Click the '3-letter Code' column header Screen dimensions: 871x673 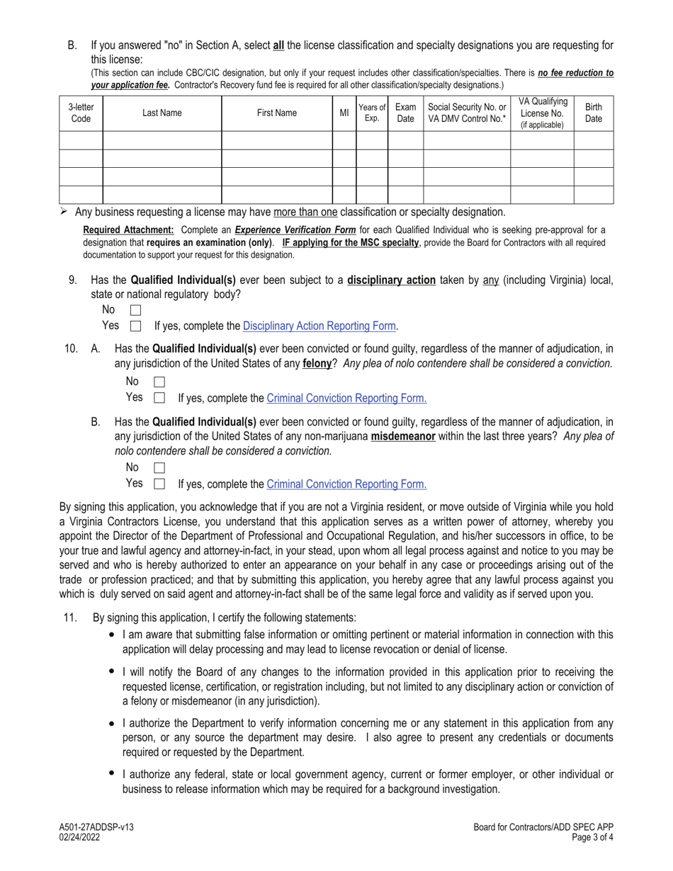click(x=81, y=113)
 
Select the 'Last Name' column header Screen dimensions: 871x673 click(x=162, y=113)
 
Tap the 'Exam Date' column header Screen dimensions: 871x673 click(x=405, y=113)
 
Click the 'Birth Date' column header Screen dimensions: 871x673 click(x=593, y=113)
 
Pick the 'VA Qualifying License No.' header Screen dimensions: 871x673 click(x=541, y=113)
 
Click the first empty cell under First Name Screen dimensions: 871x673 click(x=276, y=140)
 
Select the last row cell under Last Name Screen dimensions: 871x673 click(x=162, y=195)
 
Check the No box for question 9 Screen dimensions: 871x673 click(x=136, y=310)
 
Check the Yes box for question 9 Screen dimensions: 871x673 click(x=136, y=326)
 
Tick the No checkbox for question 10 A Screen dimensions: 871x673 click(x=159, y=382)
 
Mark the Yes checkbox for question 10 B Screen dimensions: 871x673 click(x=159, y=484)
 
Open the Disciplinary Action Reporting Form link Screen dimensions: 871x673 click(x=319, y=326)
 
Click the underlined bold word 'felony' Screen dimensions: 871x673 click(x=317, y=364)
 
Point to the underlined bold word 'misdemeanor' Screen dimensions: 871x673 click(x=402, y=437)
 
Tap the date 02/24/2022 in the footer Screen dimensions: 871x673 click(x=80, y=837)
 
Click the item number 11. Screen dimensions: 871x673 click(x=69, y=617)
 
